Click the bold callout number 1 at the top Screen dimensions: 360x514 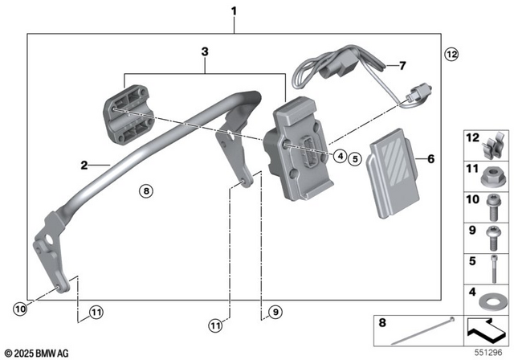tap(234, 11)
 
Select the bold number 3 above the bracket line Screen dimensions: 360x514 tap(205, 52)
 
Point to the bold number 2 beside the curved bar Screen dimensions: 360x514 tap(83, 166)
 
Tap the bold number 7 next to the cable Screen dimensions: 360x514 tap(403, 65)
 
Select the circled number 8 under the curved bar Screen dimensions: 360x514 tap(145, 191)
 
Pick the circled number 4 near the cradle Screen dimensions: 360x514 tap(341, 156)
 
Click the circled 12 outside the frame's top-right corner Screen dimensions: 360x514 tap(451, 54)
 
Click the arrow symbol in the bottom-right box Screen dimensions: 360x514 tap(487, 329)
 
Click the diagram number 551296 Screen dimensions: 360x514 tap(493, 352)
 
